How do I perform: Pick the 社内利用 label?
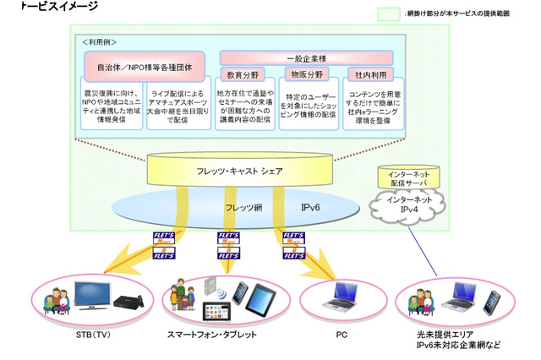pyautogui.click(x=368, y=74)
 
